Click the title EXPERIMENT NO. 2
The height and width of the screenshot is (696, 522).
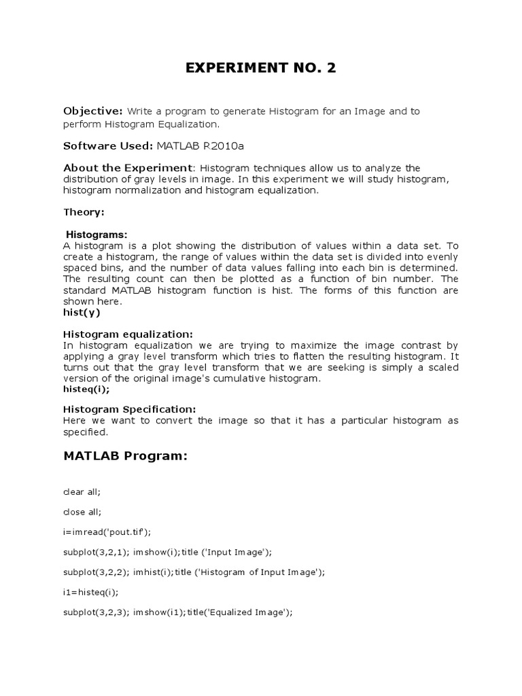(260, 69)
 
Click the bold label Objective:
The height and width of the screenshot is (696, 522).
(92, 111)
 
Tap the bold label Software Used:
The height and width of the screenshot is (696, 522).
(107, 145)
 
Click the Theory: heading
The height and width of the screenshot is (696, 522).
(84, 212)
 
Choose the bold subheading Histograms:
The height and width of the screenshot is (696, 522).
(97, 234)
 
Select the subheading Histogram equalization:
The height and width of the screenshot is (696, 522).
(128, 334)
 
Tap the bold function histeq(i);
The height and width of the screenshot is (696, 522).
(86, 389)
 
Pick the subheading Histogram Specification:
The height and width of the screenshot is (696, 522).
(130, 409)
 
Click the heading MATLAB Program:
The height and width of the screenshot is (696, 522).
(125, 455)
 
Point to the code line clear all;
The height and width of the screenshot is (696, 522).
(81, 491)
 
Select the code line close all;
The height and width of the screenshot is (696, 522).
(82, 511)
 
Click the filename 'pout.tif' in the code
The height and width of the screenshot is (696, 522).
(122, 532)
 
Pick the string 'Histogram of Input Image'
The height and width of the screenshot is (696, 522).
(258, 572)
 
